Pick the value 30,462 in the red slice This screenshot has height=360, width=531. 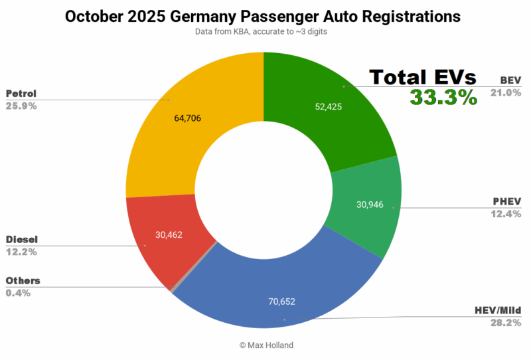click(168, 234)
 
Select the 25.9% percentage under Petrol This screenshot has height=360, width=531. click(21, 106)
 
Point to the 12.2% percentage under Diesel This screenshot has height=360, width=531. click(21, 252)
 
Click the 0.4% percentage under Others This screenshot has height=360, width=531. click(19, 293)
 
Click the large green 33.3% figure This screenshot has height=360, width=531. click(443, 97)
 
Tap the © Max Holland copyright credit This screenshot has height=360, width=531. click(264, 345)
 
